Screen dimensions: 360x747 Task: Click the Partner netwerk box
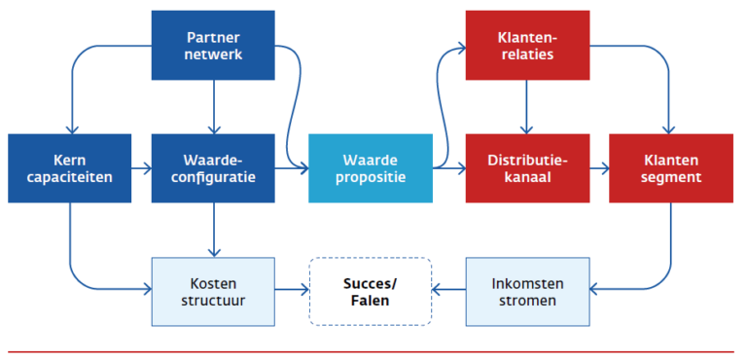214,45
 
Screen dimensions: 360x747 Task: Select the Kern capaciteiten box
70,167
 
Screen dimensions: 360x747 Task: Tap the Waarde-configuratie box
214,167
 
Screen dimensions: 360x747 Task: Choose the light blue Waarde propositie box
370,167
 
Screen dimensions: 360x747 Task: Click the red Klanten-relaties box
527,45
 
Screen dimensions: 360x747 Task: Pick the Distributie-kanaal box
527,167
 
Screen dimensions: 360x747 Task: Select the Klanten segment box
670,167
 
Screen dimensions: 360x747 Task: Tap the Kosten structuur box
213,291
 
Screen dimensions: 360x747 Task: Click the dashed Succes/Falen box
370,291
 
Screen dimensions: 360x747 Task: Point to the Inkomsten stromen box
527,291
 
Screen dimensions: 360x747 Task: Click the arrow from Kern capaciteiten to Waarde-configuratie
142,168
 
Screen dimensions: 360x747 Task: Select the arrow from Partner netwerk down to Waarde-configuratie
214,106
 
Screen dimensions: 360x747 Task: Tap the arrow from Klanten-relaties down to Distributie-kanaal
527,106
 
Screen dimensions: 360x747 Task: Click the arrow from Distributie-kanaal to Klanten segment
599,168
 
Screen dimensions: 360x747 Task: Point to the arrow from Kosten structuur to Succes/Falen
291,290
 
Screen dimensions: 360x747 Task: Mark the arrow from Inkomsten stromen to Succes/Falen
448,290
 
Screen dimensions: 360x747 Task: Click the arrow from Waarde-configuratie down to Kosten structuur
214,230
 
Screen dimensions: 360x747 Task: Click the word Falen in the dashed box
370,301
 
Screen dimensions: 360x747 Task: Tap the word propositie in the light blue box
370,177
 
